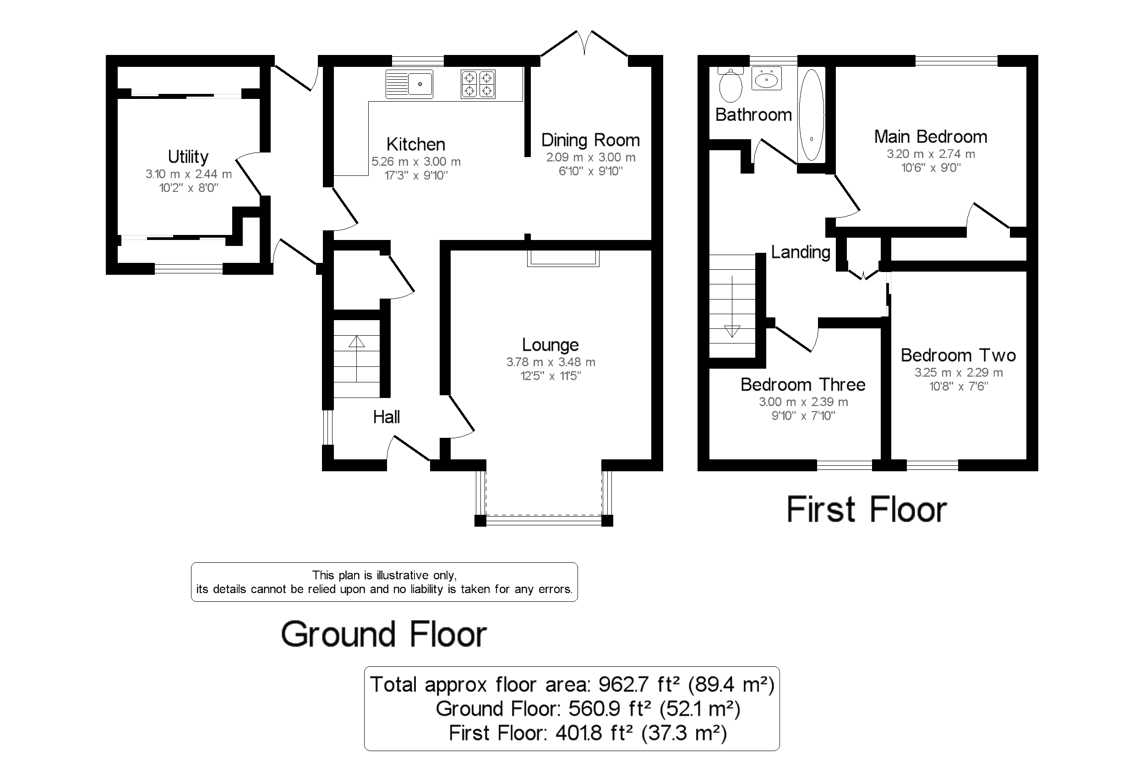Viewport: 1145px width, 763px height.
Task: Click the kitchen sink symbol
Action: (409, 85)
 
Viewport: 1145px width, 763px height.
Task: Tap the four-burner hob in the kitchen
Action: (478, 85)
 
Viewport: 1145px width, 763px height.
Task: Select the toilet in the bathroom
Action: (731, 86)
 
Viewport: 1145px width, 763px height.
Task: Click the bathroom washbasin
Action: (766, 79)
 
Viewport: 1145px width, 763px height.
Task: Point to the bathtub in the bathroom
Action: (811, 115)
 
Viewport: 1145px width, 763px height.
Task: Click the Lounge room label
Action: (551, 345)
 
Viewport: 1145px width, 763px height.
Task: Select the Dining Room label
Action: (590, 140)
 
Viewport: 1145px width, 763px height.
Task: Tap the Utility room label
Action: (188, 157)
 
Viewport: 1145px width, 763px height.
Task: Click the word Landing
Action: (801, 252)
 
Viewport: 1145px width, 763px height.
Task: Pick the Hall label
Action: (387, 417)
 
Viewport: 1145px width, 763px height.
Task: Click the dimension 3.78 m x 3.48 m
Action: (551, 362)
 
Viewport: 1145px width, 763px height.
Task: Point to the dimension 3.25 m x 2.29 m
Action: (958, 373)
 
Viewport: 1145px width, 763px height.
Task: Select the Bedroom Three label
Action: (803, 385)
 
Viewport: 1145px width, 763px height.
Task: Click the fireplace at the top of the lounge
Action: (563, 258)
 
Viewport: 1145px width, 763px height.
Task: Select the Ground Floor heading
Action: (384, 635)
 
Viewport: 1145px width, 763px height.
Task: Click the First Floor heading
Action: (867, 510)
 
